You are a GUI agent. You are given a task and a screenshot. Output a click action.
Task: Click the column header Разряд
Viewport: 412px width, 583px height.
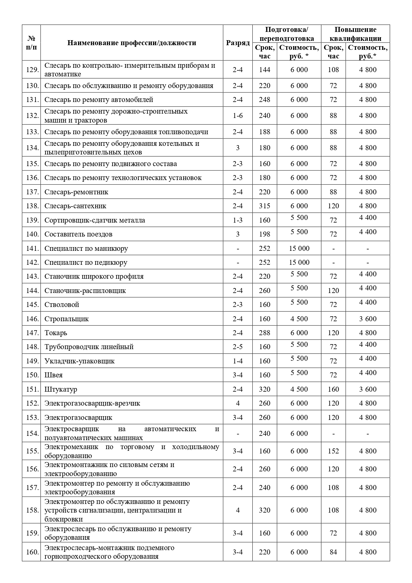238,43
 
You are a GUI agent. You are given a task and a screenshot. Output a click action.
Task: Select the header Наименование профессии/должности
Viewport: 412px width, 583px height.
132,43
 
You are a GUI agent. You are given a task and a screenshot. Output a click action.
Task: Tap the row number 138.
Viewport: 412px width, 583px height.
33,206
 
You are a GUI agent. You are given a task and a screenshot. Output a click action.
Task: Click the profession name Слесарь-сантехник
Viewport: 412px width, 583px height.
75,206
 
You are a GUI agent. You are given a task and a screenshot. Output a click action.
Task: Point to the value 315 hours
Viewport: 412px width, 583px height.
265,206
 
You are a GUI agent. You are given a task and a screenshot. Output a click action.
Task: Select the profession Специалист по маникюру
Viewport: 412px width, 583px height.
86,248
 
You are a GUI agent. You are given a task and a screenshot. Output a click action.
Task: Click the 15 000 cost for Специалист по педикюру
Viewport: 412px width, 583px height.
299,262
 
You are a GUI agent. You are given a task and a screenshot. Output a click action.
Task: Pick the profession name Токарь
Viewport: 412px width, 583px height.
56,333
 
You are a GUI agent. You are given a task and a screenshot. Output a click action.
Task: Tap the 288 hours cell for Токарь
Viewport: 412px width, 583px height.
265,333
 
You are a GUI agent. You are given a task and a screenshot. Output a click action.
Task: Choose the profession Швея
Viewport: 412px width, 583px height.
53,375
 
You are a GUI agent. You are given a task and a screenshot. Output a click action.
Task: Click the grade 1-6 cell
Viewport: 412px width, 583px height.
238,116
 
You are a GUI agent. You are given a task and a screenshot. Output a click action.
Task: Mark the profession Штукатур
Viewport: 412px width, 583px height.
61,389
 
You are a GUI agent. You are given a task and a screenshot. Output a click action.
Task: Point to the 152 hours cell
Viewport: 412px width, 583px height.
333,451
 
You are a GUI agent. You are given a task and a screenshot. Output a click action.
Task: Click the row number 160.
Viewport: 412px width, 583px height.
33,552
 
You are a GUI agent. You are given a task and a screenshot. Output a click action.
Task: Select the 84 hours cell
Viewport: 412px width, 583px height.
333,552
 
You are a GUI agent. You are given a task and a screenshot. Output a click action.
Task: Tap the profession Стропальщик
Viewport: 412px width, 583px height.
67,319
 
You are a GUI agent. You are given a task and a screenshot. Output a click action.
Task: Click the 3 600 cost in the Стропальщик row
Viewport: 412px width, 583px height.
368,319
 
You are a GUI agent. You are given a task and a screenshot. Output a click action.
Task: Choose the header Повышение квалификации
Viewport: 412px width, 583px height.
355,34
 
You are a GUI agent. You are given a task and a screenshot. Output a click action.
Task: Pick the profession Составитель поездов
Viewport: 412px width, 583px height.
78,234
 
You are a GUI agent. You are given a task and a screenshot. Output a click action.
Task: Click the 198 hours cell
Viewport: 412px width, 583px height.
265,234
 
